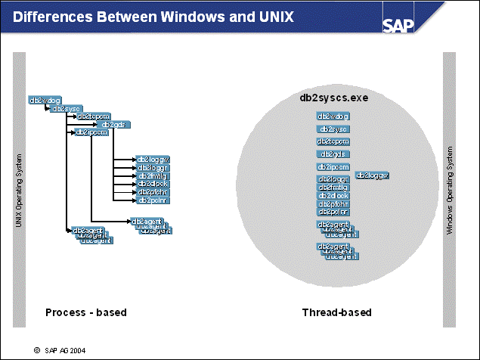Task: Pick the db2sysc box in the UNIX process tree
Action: [65, 108]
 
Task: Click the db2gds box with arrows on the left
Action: [113, 124]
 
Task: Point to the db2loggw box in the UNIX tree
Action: [153, 159]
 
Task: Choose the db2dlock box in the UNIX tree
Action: [153, 184]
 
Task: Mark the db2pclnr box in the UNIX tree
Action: [153, 200]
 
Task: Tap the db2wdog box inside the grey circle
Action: [333, 116]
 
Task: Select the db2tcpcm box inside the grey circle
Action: [333, 141]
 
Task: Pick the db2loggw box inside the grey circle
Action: [372, 175]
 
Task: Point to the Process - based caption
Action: [85, 312]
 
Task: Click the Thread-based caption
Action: [336, 312]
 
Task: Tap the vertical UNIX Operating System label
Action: [18, 192]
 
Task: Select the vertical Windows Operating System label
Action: [449, 192]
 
